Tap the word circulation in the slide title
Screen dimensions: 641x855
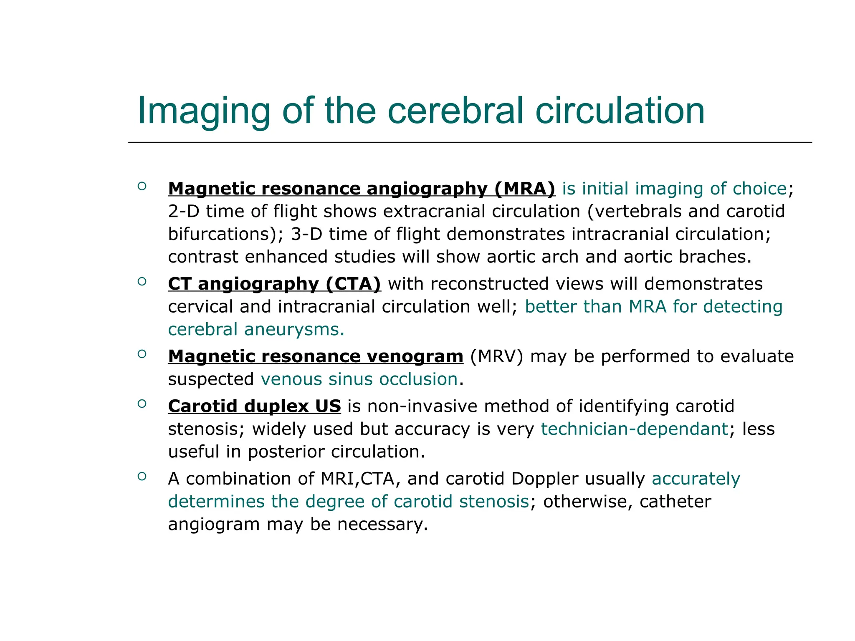click(x=620, y=111)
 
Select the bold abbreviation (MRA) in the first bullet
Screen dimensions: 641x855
click(x=525, y=189)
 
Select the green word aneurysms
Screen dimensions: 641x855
click(x=294, y=329)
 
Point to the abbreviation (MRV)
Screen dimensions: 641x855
click(x=496, y=356)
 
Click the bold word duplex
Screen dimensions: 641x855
click(x=276, y=406)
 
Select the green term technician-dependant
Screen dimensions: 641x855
click(x=635, y=429)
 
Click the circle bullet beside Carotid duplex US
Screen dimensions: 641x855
click(x=142, y=404)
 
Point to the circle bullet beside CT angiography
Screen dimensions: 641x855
click(x=142, y=282)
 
